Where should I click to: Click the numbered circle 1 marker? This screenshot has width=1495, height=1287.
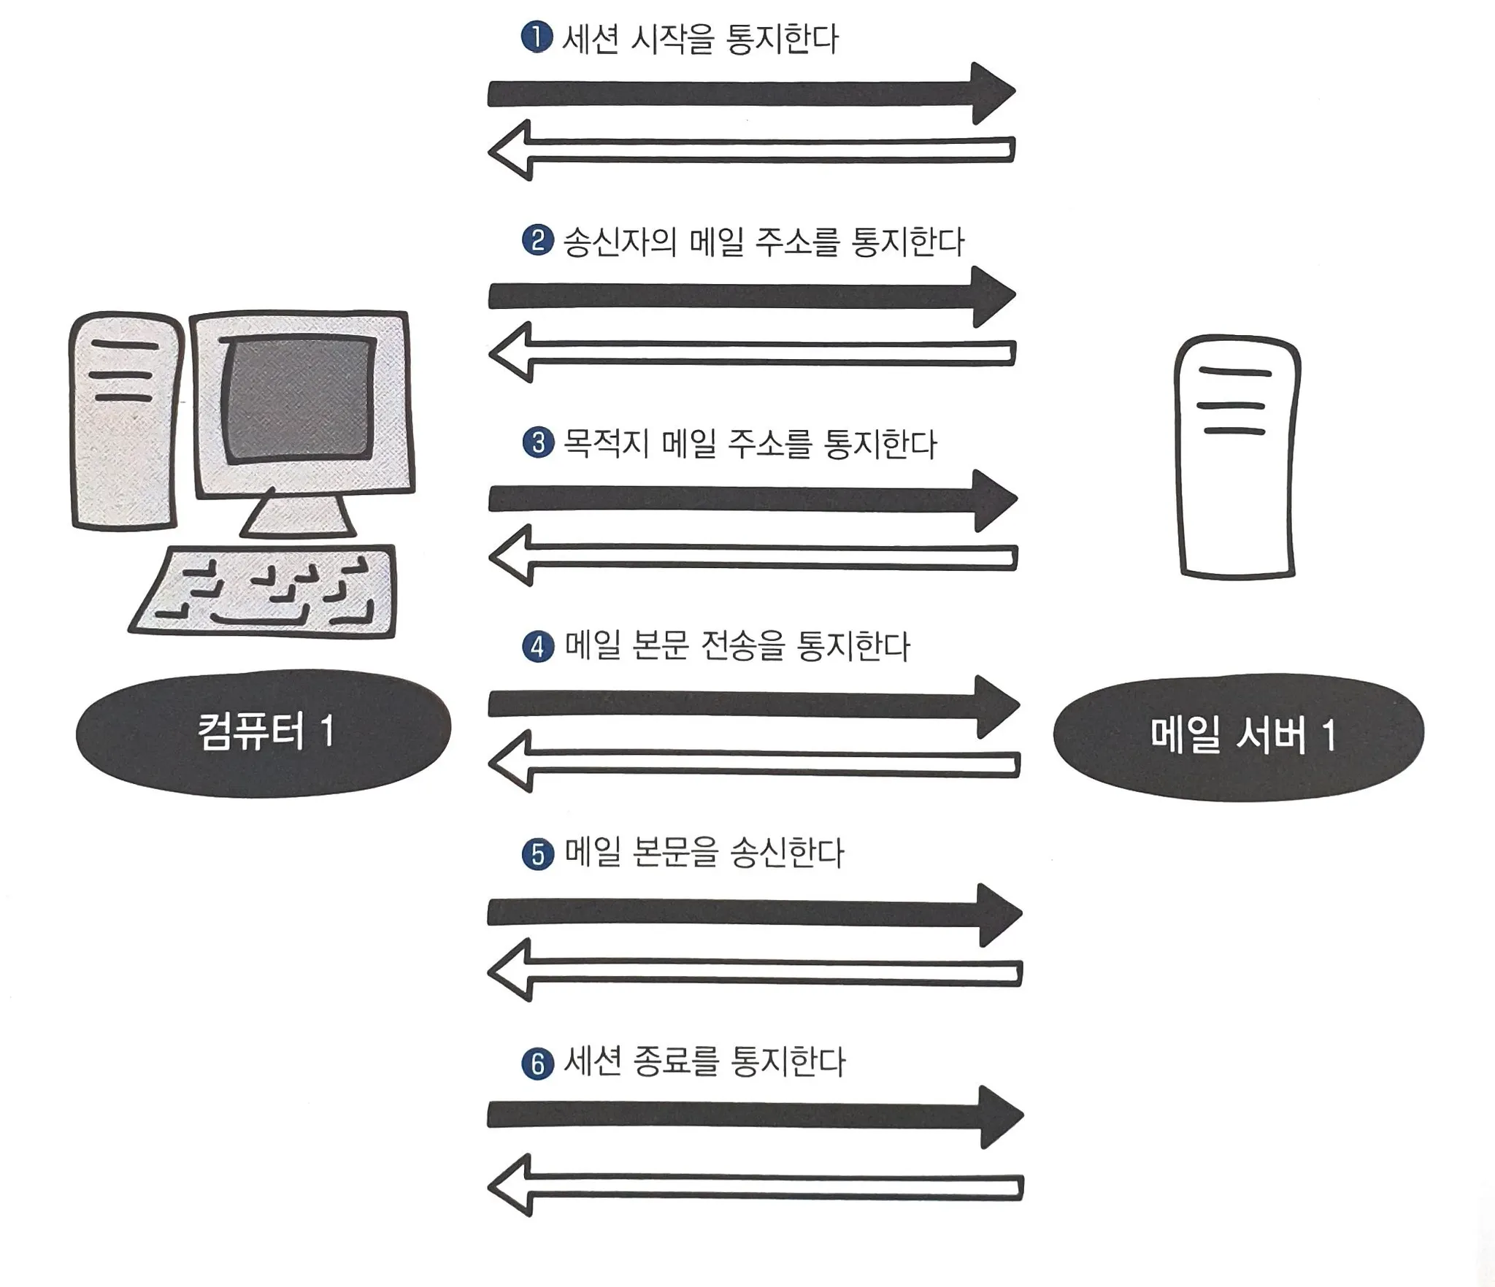pyautogui.click(x=537, y=38)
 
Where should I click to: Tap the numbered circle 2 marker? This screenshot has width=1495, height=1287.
pyautogui.click(x=538, y=240)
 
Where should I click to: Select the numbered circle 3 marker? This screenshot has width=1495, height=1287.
pyautogui.click(x=539, y=443)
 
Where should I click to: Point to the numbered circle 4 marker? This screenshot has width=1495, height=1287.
pyautogui.click(x=539, y=647)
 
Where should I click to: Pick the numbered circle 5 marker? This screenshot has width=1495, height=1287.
pyautogui.click(x=539, y=853)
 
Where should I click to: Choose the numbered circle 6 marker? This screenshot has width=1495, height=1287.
pyautogui.click(x=538, y=1064)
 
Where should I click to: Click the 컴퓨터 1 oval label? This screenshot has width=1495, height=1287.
pyautogui.click(x=264, y=732)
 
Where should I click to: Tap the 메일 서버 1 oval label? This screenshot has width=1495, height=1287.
pyautogui.click(x=1238, y=737)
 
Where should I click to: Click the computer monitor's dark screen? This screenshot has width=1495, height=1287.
pyautogui.click(x=299, y=400)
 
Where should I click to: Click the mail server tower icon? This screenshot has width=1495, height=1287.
pyautogui.click(x=1237, y=457)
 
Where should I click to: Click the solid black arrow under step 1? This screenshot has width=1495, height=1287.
pyautogui.click(x=752, y=94)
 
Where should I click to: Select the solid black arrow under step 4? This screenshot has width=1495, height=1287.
pyautogui.click(x=754, y=705)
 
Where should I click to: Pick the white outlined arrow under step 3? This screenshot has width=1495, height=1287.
pyautogui.click(x=753, y=556)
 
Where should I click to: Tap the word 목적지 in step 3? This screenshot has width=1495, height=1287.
pyautogui.click(x=606, y=443)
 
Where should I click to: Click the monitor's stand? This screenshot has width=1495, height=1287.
pyautogui.click(x=298, y=513)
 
